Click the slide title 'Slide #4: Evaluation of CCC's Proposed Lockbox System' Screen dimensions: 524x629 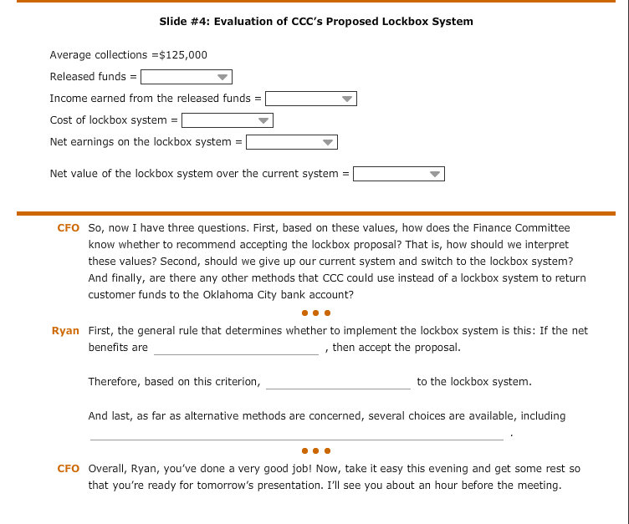(315, 21)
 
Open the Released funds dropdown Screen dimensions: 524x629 (186, 77)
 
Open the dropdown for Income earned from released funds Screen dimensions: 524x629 (311, 99)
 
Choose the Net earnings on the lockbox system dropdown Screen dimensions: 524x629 (291, 142)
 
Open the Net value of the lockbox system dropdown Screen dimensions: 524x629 (398, 175)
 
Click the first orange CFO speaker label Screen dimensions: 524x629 (68, 228)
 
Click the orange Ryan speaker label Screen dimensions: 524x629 (65, 331)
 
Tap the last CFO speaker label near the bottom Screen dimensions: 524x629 (68, 469)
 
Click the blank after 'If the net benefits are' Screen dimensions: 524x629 (236, 348)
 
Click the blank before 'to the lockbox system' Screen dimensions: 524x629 (338, 383)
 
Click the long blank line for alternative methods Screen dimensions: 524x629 (296, 434)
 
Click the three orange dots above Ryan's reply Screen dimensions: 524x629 (316, 313)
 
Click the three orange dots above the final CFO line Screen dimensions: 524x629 (316, 451)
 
